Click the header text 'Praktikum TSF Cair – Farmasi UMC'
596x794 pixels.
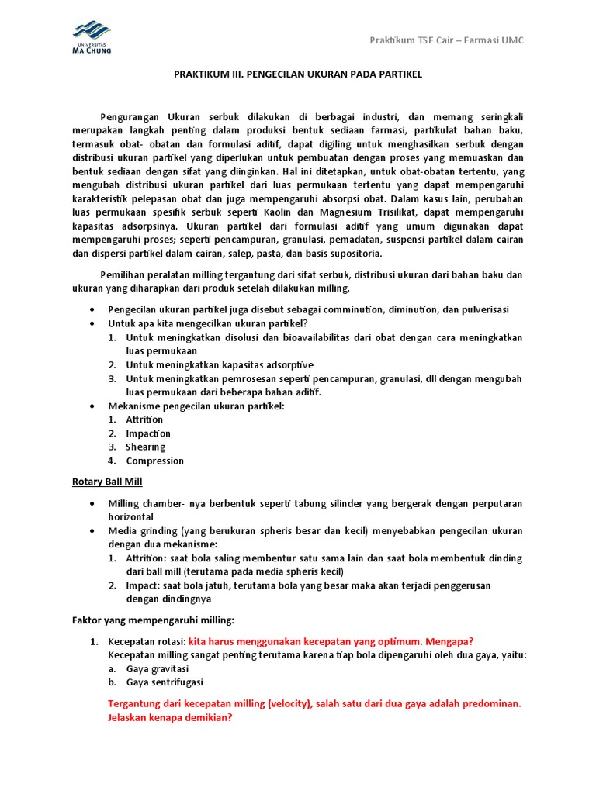[x=446, y=40]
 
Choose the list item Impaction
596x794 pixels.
[x=148, y=433]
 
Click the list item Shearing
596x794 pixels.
[x=146, y=447]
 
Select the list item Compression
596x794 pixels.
[x=155, y=461]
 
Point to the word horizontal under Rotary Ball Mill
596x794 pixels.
[x=130, y=516]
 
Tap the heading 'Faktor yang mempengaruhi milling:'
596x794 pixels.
[x=147, y=620]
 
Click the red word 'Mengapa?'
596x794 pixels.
[x=447, y=641]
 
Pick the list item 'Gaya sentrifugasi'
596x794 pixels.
[x=165, y=682]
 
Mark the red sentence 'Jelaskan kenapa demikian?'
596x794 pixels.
[x=170, y=718]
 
